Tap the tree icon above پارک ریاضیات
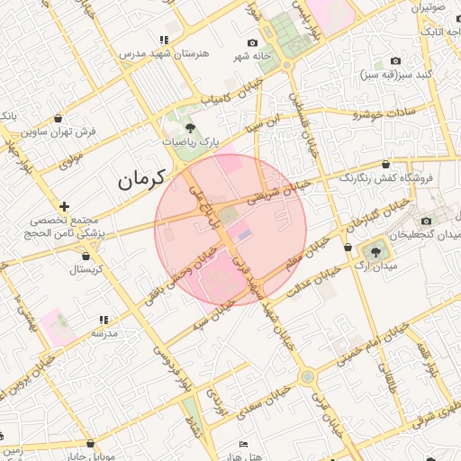click(189, 128)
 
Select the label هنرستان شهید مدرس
click(164, 53)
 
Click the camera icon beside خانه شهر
click(253, 42)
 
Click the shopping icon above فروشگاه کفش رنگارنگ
click(386, 165)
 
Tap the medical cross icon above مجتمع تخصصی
click(63, 206)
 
